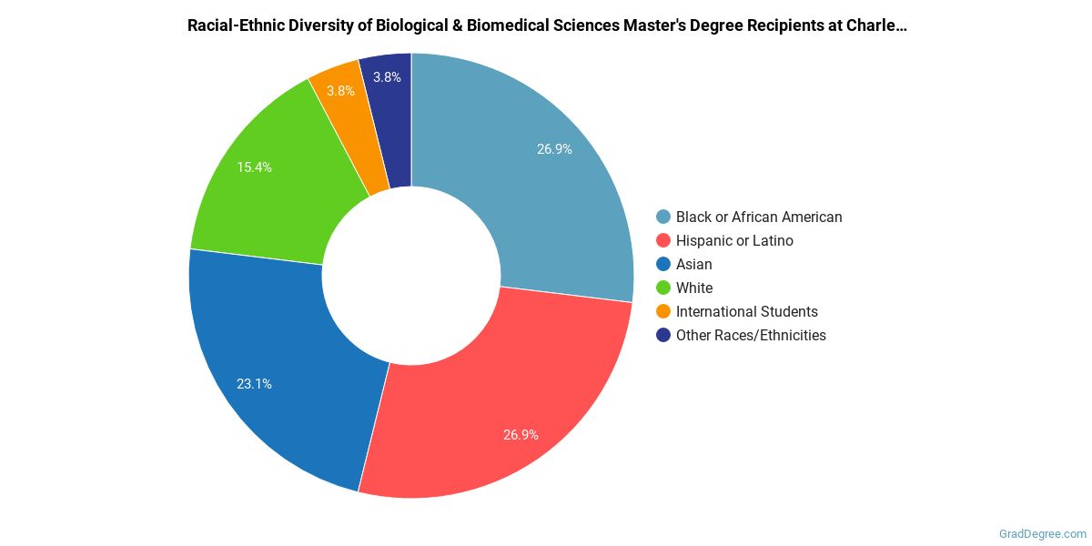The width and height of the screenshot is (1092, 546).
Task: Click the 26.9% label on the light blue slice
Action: pyautogui.click(x=554, y=149)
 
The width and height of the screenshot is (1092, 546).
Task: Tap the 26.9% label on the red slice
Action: pyautogui.click(x=521, y=435)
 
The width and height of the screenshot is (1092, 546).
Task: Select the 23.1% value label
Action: pyautogui.click(x=255, y=384)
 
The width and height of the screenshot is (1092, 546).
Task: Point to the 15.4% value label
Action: pyautogui.click(x=255, y=167)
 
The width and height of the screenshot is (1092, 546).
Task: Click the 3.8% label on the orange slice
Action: pyautogui.click(x=340, y=91)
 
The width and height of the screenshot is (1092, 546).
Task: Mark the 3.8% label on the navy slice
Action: pyautogui.click(x=388, y=77)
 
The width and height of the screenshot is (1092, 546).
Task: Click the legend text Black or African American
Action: pyautogui.click(x=759, y=217)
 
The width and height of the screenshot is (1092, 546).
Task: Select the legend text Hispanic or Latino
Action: pyautogui.click(x=734, y=240)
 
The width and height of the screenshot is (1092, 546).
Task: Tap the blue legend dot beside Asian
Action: pyautogui.click(x=663, y=264)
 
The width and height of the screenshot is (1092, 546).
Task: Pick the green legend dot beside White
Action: pyautogui.click(x=663, y=288)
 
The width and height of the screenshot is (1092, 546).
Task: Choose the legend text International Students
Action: pyautogui.click(x=746, y=311)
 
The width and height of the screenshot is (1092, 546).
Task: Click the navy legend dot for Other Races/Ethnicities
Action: pyautogui.click(x=663, y=335)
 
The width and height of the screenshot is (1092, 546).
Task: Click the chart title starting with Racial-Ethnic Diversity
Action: pyautogui.click(x=546, y=25)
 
